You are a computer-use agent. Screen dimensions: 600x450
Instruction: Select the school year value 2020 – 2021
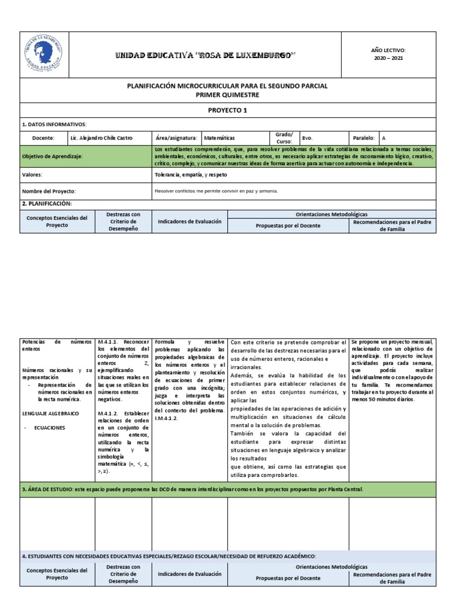[x=388, y=58]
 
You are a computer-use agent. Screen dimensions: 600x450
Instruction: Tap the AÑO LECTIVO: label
[x=388, y=50]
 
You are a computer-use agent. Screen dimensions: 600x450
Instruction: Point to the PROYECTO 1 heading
[x=228, y=110]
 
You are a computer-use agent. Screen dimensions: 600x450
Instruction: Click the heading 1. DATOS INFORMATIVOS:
[x=54, y=124]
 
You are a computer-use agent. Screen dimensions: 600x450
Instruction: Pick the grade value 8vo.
[x=307, y=138]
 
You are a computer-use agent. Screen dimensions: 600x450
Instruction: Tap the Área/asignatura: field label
[x=176, y=138]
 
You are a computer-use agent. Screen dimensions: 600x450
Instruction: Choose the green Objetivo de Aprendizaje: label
[x=52, y=157]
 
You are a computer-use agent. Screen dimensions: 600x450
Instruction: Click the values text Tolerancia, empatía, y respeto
[x=190, y=175]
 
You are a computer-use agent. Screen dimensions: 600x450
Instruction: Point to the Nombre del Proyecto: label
[x=49, y=191]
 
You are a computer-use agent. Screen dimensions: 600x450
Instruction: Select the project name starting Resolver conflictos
[x=216, y=191]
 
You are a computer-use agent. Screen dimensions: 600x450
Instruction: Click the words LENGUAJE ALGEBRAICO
[x=50, y=414]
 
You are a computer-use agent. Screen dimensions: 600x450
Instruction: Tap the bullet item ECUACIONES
[x=50, y=428]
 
